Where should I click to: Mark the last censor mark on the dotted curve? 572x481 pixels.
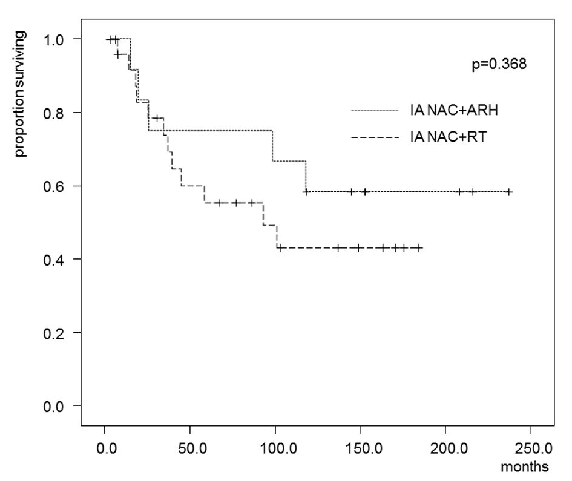coord(509,192)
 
